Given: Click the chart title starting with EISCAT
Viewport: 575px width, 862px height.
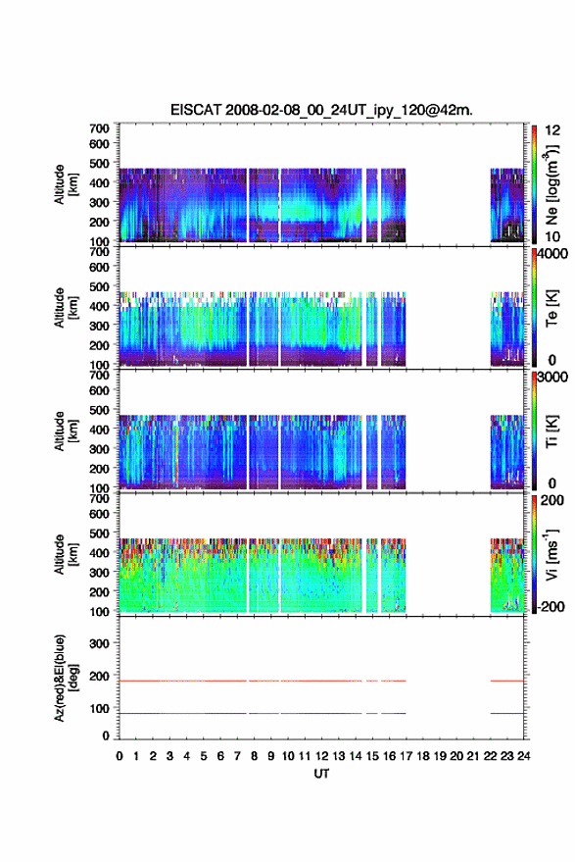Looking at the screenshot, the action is (321, 110).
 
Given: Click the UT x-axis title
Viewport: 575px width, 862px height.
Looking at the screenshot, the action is (321, 774).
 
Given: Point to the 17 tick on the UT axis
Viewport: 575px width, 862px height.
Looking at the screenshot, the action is (406, 756).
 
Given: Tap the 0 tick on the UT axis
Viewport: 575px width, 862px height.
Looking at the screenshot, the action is (120, 756).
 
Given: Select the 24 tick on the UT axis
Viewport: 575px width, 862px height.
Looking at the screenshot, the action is (524, 756).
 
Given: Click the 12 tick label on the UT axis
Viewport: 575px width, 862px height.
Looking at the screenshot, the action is (322, 756).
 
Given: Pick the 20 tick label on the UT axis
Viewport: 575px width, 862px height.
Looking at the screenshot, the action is (456, 756).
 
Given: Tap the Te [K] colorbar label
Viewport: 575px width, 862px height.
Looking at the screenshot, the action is (551, 308).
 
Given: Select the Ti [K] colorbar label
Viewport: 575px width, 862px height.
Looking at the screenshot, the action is (551, 431).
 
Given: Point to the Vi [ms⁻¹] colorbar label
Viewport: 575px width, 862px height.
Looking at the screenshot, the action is (552, 555).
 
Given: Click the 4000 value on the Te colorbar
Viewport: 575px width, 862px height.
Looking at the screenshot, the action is (552, 254).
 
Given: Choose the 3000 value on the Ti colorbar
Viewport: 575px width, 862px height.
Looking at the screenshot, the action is (552, 378).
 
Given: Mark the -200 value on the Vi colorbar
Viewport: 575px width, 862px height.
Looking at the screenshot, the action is (551, 607).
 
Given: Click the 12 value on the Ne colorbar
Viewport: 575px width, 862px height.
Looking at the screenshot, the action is (552, 130).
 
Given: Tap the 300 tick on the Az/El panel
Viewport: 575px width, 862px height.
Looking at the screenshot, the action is (99, 643).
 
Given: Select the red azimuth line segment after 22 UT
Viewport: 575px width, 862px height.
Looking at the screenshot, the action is (506, 682).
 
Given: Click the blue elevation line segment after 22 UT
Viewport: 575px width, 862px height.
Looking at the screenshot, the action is (506, 714).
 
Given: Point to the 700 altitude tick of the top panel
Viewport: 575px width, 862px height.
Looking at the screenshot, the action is (99, 128).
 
